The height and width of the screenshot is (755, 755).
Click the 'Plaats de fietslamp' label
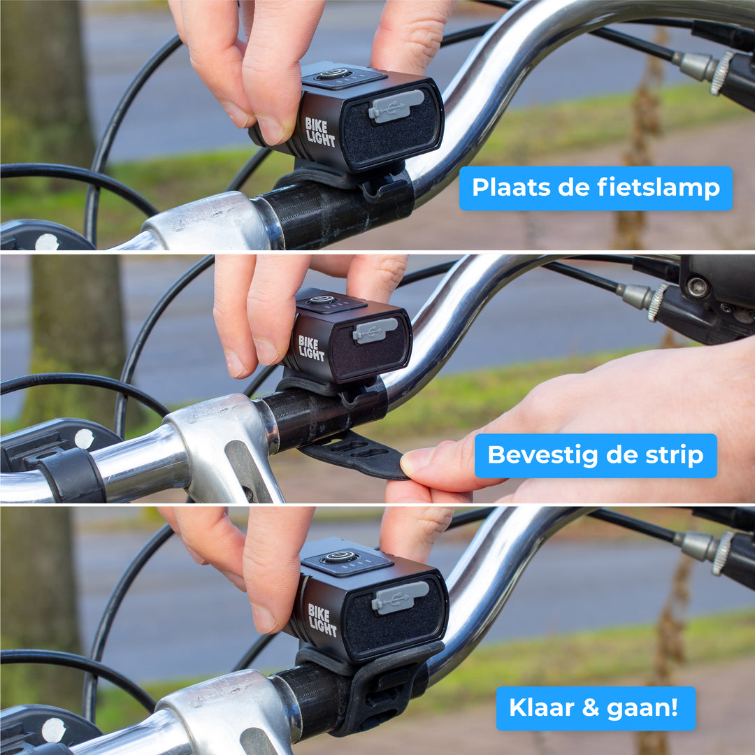tap(596, 188)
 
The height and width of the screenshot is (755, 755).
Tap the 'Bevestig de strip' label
tap(596, 455)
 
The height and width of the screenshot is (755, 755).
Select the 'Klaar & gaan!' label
tap(596, 707)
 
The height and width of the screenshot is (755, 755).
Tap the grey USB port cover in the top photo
tap(396, 106)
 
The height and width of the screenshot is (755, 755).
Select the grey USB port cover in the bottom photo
tap(399, 598)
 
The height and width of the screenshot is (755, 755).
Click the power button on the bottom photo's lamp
tap(340, 558)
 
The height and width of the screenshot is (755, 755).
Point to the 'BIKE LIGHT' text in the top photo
tap(320, 132)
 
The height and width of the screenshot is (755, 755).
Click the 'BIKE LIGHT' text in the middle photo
tap(312, 348)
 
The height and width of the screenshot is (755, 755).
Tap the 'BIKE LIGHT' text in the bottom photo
tap(322, 620)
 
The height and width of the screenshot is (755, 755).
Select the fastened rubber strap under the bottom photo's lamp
tap(381, 692)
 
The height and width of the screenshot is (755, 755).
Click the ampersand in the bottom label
tap(591, 707)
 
